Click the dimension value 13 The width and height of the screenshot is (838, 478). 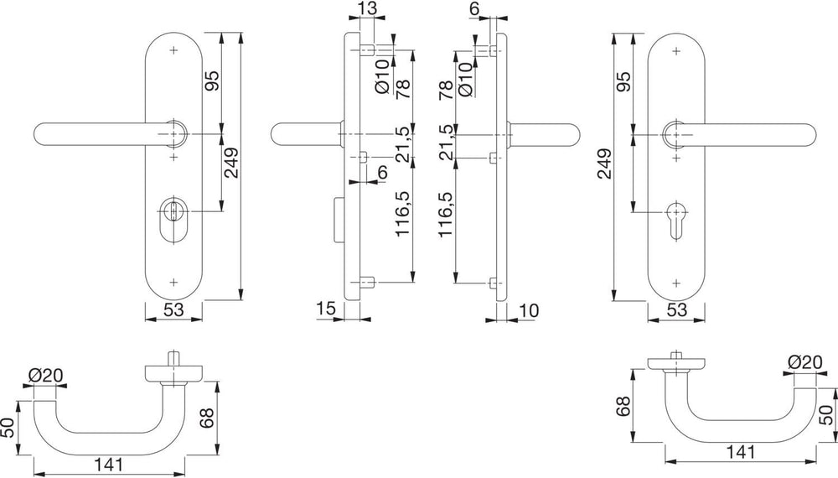(368, 8)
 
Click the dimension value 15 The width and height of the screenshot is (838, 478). (325, 309)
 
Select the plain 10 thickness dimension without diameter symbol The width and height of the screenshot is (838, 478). (529, 310)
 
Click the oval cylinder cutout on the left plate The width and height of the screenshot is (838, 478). (173, 219)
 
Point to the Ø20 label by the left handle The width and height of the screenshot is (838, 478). (46, 376)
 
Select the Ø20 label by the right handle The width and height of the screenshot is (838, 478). (805, 363)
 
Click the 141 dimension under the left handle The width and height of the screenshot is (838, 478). (109, 465)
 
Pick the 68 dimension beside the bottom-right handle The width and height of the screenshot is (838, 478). (623, 406)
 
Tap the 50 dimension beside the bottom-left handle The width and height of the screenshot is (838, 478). (8, 428)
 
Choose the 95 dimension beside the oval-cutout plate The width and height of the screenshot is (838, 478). (213, 81)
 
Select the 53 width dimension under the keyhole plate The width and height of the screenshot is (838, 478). (676, 309)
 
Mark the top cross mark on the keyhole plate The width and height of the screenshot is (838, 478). (676, 51)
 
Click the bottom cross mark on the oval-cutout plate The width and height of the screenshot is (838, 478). (173, 281)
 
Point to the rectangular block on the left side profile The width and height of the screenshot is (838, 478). (339, 220)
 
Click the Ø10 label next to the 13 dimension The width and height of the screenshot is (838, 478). (383, 76)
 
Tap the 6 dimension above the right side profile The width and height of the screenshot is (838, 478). (475, 9)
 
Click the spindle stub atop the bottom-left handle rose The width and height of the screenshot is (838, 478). (173, 358)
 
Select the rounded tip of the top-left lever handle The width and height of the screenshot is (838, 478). (40, 133)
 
